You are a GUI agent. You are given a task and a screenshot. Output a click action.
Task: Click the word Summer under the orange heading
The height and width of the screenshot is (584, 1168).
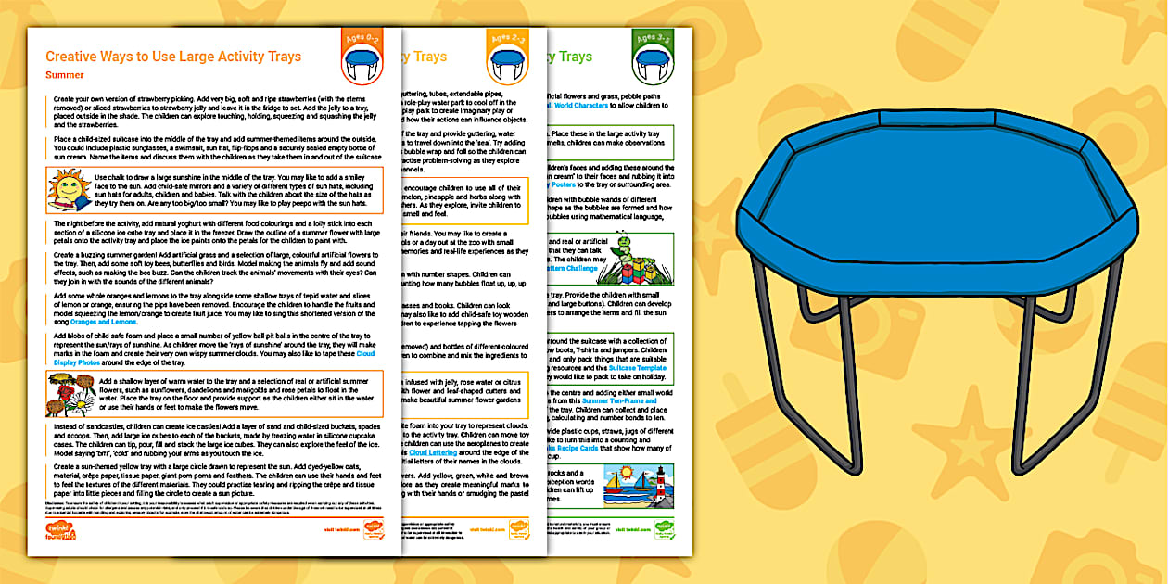point(65,75)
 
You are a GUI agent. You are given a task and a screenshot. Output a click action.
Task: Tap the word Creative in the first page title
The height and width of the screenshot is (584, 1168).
point(72,57)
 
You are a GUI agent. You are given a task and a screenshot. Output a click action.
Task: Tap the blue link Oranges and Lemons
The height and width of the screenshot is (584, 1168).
point(102,322)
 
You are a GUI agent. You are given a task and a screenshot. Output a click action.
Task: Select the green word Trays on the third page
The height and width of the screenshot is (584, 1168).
point(575,57)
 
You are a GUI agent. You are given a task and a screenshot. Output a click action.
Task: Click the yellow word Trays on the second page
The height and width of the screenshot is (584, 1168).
point(429,57)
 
